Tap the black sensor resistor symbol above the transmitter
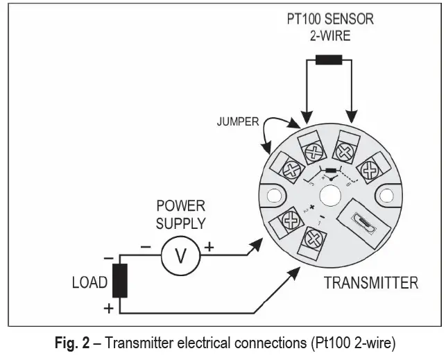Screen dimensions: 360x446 pyautogui.click(x=330, y=59)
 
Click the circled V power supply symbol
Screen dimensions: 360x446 pyautogui.click(x=180, y=255)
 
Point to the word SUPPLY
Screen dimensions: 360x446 pyautogui.click(x=180, y=223)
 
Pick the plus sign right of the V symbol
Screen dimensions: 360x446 pyautogui.click(x=209, y=246)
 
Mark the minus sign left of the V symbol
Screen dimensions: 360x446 pyautogui.click(x=146, y=246)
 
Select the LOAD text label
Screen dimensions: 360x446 pyautogui.click(x=89, y=283)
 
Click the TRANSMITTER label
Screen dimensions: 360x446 pyautogui.click(x=371, y=283)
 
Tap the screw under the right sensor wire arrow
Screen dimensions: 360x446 pyautogui.click(x=345, y=151)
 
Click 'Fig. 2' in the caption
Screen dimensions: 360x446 pyautogui.click(x=71, y=343)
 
